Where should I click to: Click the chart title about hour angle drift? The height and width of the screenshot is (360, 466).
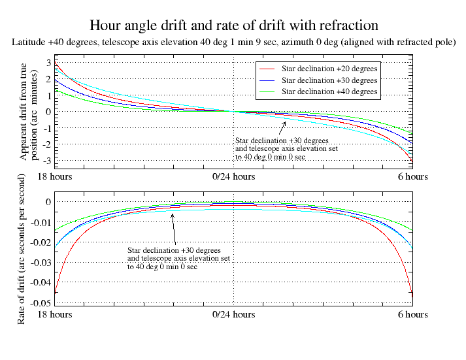click(233, 25)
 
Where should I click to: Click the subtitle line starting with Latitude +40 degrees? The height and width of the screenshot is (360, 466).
click(233, 42)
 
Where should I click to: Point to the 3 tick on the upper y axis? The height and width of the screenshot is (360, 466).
click(47, 63)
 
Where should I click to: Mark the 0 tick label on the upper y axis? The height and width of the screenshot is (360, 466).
click(47, 112)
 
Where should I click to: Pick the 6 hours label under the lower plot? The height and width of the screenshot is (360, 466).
click(412, 314)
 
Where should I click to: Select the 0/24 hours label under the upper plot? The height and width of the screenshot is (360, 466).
click(233, 176)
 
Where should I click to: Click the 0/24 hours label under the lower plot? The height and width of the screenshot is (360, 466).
click(233, 314)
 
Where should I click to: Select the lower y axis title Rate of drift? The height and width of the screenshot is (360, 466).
click(22, 249)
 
